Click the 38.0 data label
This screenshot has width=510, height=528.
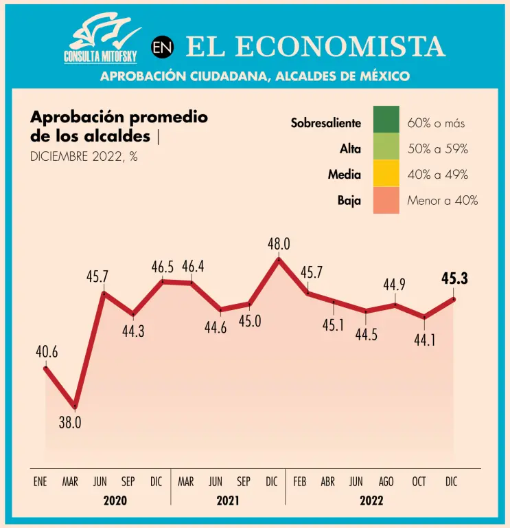[x=70, y=423]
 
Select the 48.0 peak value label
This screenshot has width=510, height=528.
[x=279, y=243]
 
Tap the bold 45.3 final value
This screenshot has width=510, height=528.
[x=454, y=278]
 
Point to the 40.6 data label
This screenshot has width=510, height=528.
[x=47, y=353]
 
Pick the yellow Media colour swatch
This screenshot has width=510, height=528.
[x=386, y=175]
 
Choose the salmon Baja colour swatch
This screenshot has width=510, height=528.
[x=386, y=201]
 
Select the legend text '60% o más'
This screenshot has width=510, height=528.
[x=436, y=124]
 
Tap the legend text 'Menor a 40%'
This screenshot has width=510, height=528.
[x=442, y=201]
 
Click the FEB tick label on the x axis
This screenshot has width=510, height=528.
[x=299, y=482]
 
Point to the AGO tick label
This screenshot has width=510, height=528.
[x=386, y=482]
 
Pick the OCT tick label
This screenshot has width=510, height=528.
[x=419, y=482]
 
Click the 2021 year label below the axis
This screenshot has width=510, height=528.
[x=228, y=501]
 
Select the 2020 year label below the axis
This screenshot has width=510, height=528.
[x=115, y=501]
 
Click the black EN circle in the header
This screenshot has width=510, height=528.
[x=162, y=47]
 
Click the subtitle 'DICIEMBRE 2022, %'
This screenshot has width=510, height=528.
[x=84, y=156]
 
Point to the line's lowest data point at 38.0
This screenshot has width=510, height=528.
[x=75, y=407]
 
